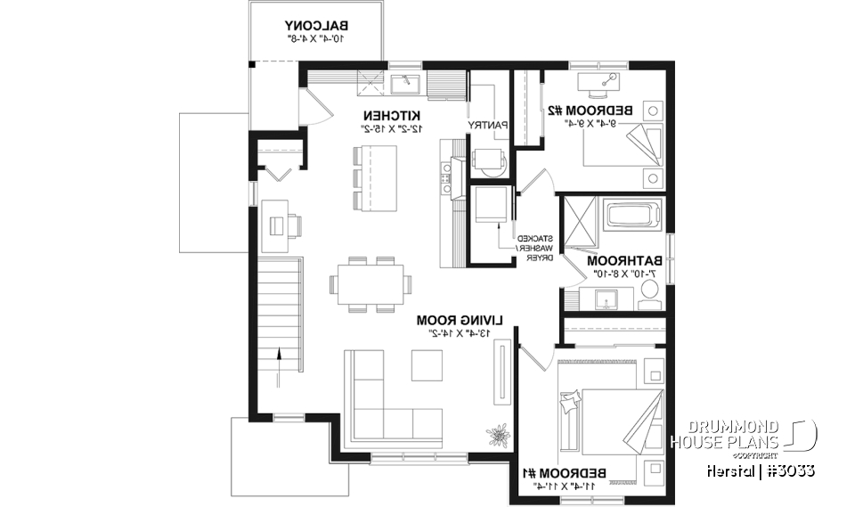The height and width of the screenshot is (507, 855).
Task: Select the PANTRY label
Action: (489, 125)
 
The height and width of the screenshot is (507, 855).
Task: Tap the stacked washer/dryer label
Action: (536, 248)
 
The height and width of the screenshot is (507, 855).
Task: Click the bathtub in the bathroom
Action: (632, 217)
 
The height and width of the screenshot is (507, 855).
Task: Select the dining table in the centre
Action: (370, 285)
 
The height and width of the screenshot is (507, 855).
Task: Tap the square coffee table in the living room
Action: (427, 364)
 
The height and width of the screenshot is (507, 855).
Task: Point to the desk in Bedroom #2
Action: (600, 82)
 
